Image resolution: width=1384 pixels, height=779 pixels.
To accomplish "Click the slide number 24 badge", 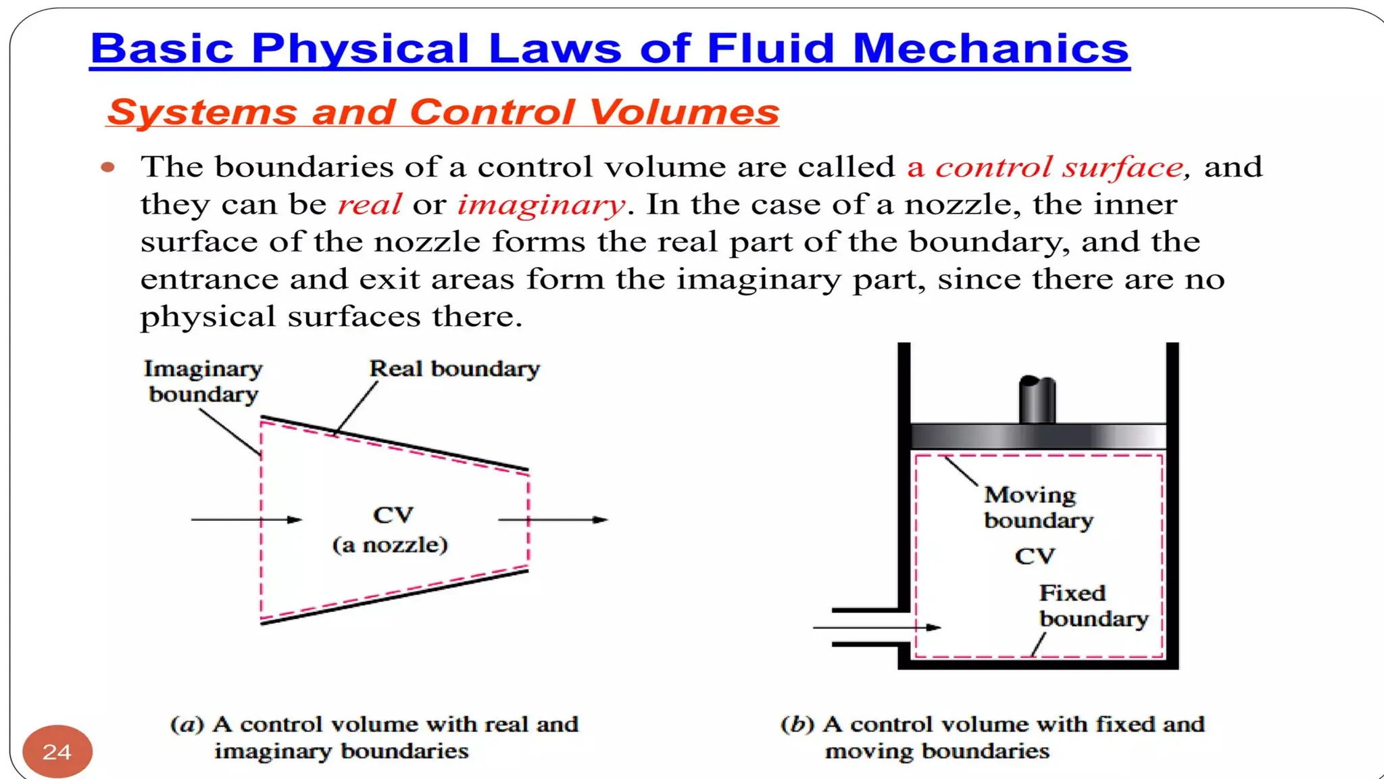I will [57, 751].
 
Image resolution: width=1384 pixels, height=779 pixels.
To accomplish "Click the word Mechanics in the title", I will [990, 49].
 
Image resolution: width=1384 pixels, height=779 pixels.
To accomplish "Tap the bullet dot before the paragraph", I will [108, 167].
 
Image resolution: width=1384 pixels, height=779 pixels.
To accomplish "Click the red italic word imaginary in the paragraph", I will [541, 204].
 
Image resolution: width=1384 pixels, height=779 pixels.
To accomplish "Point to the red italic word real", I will [369, 204].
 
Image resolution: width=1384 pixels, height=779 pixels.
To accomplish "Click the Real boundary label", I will [454, 369].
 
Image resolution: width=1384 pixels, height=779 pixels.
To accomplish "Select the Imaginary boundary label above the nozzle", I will [203, 381].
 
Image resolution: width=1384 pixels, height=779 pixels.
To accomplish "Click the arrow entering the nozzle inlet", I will [247, 519].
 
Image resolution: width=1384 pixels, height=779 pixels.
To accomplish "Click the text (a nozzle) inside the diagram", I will [390, 545].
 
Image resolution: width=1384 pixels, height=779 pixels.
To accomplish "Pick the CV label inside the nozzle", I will [393, 515].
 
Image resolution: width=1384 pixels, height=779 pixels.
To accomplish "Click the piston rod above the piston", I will [1037, 399].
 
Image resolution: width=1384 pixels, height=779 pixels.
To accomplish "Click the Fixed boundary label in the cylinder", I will [1093, 606].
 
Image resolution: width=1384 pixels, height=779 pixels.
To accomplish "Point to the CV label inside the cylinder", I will [1034, 557].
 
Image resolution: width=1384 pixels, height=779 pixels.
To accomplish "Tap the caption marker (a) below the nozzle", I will [187, 724].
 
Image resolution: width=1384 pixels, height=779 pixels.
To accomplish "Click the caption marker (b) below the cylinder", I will [797, 724].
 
